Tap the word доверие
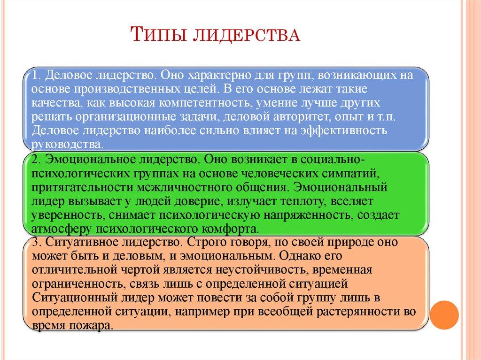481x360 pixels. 202,202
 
